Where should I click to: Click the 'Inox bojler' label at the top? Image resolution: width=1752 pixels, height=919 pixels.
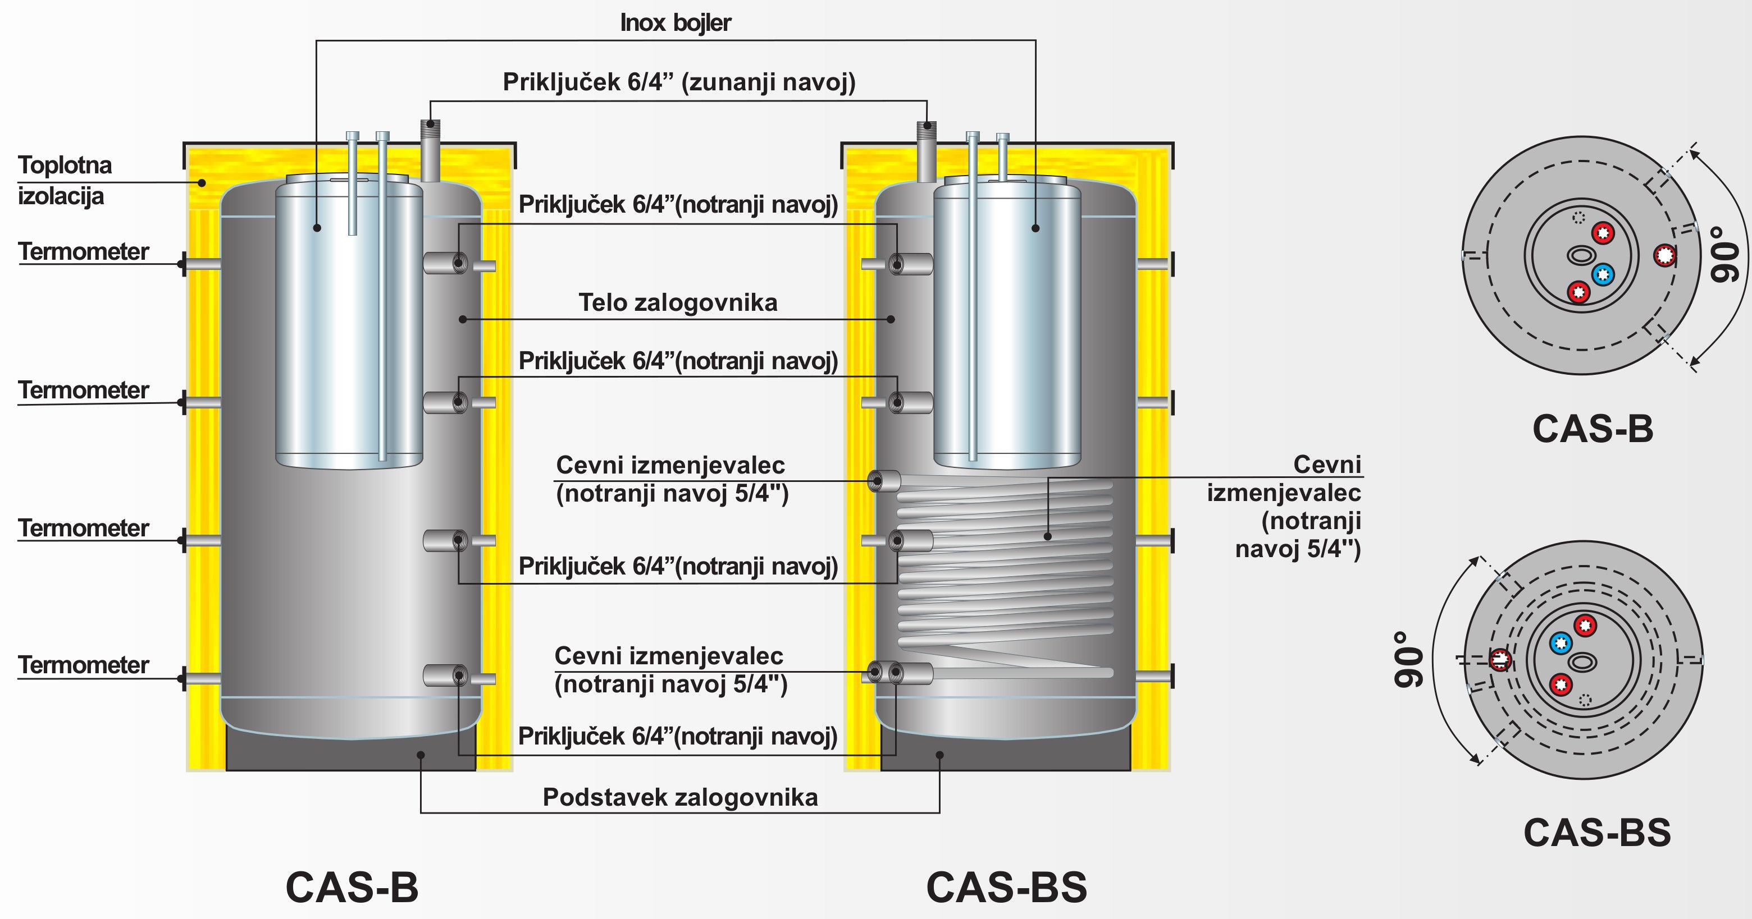[x=676, y=23]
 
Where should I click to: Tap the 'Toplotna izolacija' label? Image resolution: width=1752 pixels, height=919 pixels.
[x=64, y=180]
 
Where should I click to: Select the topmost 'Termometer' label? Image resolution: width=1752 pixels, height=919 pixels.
[x=83, y=251]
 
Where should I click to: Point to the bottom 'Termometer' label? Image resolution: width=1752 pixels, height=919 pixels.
[x=83, y=665]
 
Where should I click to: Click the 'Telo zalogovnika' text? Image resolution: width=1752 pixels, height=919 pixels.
[x=677, y=302]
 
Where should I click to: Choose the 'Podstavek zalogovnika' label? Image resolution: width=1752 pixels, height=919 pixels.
[x=680, y=797]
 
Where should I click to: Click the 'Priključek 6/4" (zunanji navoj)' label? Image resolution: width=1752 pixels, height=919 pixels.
[x=679, y=82]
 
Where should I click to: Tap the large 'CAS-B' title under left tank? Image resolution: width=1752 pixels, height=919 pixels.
[x=352, y=887]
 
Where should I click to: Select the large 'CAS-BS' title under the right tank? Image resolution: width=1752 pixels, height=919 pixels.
[x=1007, y=887]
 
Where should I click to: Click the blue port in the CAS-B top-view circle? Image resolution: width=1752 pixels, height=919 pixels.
[x=1603, y=274]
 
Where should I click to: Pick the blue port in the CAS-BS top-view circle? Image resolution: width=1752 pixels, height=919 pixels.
[x=1561, y=642]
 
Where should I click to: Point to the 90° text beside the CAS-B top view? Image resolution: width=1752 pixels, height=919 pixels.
[x=1726, y=254]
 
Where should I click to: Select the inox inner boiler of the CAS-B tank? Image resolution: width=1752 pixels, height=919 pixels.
[x=348, y=327]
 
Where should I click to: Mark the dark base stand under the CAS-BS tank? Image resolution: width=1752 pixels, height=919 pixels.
[x=1005, y=755]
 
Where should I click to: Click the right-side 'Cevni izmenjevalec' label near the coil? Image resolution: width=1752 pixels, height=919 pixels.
[x=1285, y=507]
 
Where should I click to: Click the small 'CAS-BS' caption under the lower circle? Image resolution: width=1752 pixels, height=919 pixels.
[x=1597, y=833]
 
